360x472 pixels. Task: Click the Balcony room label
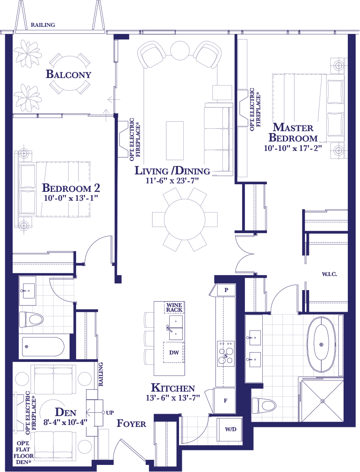click(x=68, y=74)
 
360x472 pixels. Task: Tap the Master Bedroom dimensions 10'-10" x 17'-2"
click(x=293, y=148)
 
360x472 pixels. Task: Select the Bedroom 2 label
click(x=71, y=188)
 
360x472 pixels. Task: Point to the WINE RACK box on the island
click(x=174, y=307)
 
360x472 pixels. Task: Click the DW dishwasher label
click(x=174, y=353)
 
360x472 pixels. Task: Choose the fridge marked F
click(x=225, y=401)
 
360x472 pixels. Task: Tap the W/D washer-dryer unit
click(x=231, y=429)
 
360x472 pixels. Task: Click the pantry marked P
click(x=226, y=290)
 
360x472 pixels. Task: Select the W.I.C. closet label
click(x=329, y=274)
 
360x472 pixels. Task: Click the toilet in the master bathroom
click(x=264, y=405)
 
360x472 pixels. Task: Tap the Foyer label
click(x=131, y=424)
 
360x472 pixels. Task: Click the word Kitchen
click(x=173, y=388)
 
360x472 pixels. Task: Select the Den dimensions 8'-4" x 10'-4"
click(x=65, y=422)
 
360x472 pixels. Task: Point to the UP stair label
click(x=110, y=412)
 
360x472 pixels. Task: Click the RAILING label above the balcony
click(x=43, y=25)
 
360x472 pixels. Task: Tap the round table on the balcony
click(x=70, y=74)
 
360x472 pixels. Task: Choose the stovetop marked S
click(x=226, y=354)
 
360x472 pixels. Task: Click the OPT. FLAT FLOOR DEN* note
click(x=23, y=453)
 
